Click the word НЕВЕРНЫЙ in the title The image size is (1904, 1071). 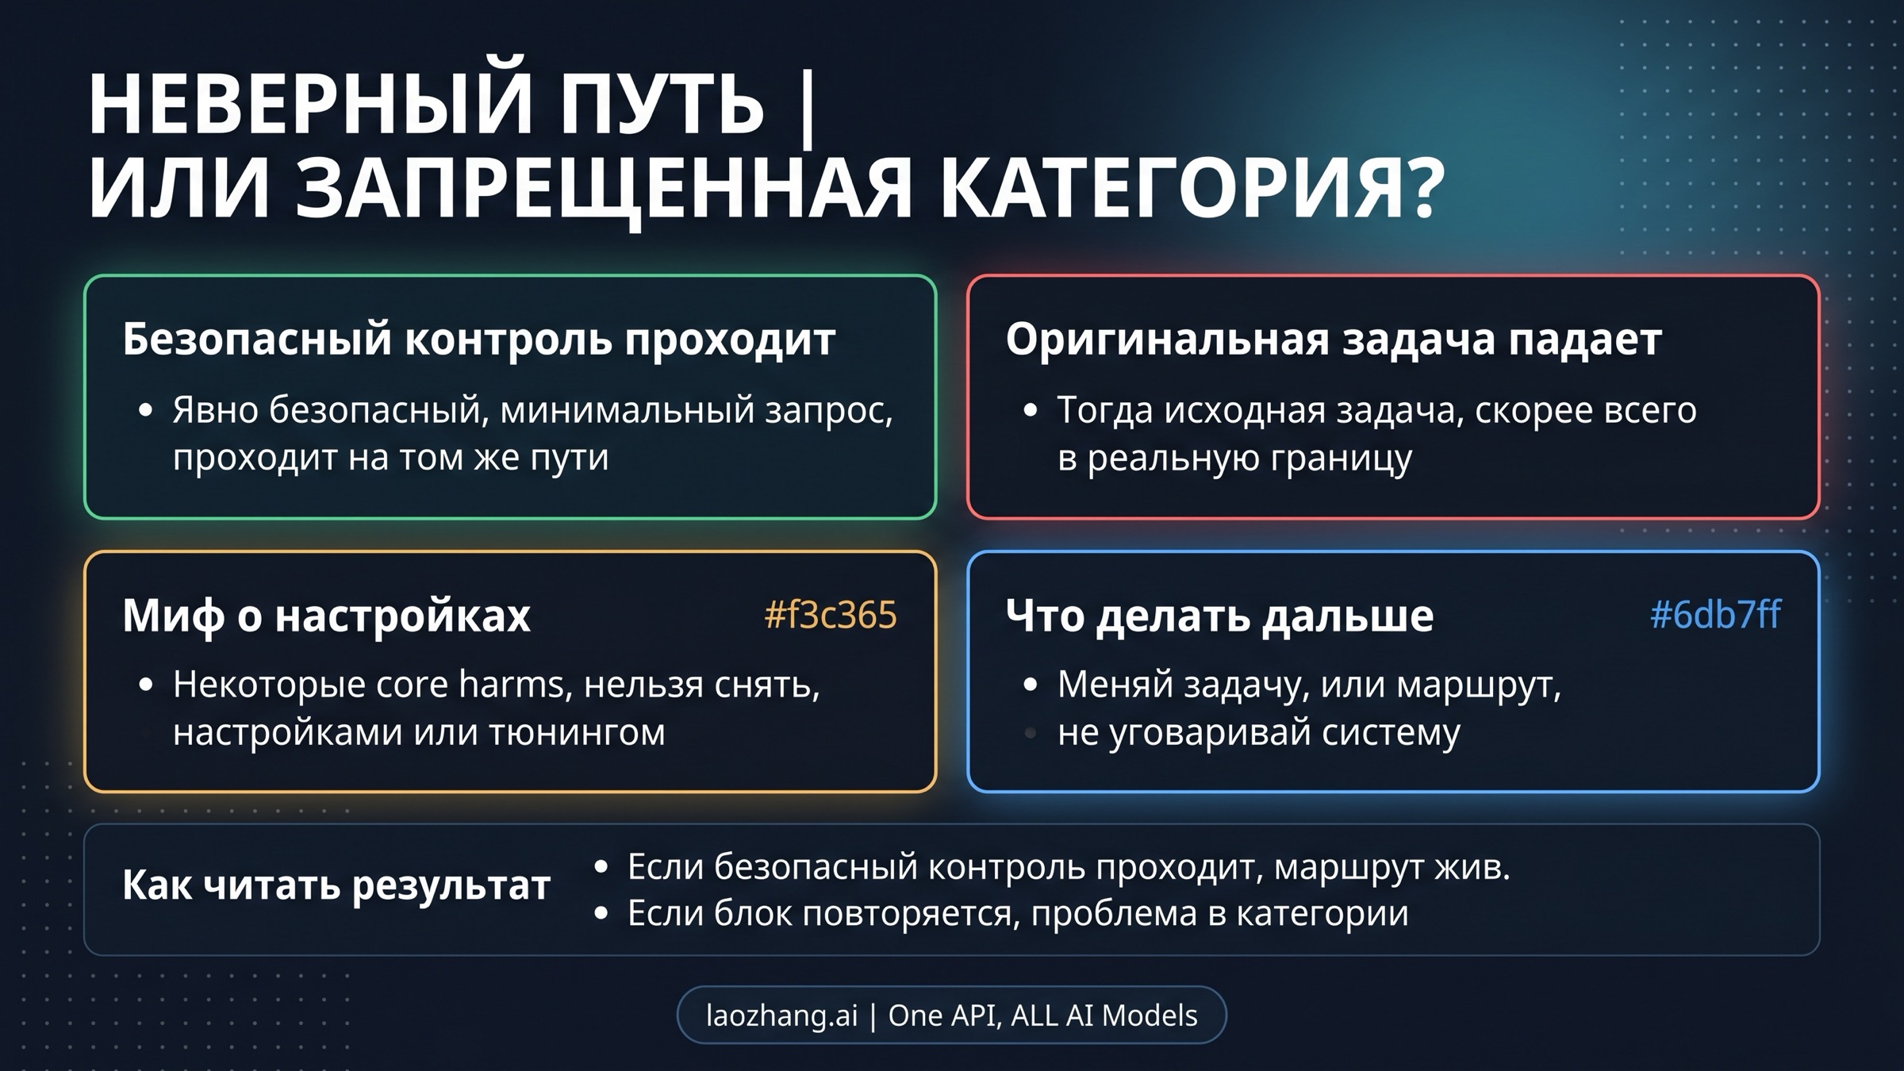click(x=309, y=105)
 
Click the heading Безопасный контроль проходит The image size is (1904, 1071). click(x=478, y=339)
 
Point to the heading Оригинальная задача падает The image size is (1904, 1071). click(x=1334, y=339)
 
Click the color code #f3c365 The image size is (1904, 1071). click(x=830, y=615)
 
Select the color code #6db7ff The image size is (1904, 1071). click(x=1715, y=615)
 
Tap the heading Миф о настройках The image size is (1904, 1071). click(x=326, y=615)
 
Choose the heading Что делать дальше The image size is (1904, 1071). click(x=1219, y=615)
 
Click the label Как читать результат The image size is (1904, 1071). click(x=336, y=885)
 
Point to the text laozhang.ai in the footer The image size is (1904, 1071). click(x=781, y=1015)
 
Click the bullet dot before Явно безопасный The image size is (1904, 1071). click(x=145, y=411)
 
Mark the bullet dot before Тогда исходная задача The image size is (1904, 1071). click(x=1030, y=411)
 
